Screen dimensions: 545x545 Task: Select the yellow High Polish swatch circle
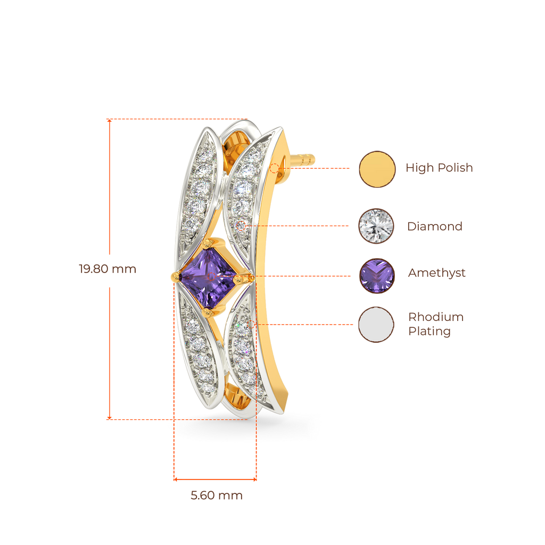(377, 169)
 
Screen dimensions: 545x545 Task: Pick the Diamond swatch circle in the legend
(376, 226)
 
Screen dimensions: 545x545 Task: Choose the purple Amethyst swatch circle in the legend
(377, 276)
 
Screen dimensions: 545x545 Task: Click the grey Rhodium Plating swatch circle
(377, 325)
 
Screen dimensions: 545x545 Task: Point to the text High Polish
(439, 168)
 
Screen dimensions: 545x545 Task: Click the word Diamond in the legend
(435, 226)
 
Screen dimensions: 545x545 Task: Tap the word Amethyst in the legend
(436, 274)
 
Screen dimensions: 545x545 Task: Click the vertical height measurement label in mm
(108, 269)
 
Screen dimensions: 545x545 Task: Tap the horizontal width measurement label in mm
(217, 496)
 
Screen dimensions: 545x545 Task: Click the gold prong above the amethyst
(207, 244)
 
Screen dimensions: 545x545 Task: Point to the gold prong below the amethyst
(209, 309)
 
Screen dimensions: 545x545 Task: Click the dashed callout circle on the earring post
(274, 169)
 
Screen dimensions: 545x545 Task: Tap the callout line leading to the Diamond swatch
(309, 226)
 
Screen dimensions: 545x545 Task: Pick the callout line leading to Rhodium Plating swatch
(309, 324)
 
